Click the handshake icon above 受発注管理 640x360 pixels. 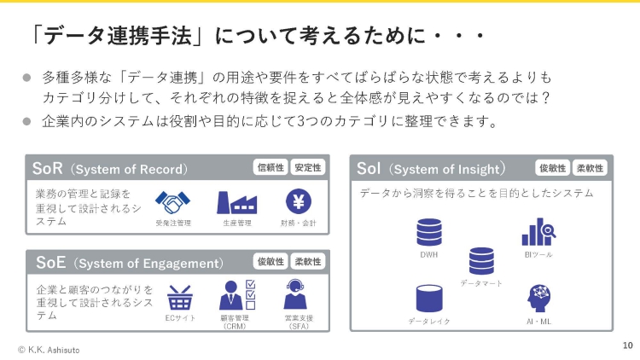pyautogui.click(x=172, y=202)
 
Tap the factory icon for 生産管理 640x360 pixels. pyautogui.click(x=236, y=202)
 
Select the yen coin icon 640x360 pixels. pyautogui.click(x=299, y=201)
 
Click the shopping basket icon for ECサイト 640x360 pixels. pyautogui.click(x=180, y=298)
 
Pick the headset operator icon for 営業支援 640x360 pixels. pyautogui.click(x=295, y=294)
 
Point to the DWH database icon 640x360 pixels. pyautogui.click(x=429, y=232)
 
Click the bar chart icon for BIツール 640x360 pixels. pyautogui.click(x=538, y=232)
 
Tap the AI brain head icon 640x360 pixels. pyautogui.click(x=538, y=299)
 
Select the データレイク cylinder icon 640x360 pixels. pyautogui.click(x=429, y=299)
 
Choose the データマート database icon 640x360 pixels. pyautogui.click(x=481, y=261)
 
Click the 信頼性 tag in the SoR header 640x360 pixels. pyautogui.click(x=271, y=167)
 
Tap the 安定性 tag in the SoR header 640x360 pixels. pyautogui.click(x=308, y=167)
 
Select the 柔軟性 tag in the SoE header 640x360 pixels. pyautogui.click(x=308, y=262)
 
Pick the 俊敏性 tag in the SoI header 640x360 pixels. pyautogui.click(x=553, y=168)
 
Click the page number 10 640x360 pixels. pyautogui.click(x=628, y=345)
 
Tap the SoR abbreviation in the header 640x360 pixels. pyautogui.click(x=47, y=168)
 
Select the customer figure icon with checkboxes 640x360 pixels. pyautogui.click(x=237, y=294)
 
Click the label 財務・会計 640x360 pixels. pyautogui.click(x=299, y=223)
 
